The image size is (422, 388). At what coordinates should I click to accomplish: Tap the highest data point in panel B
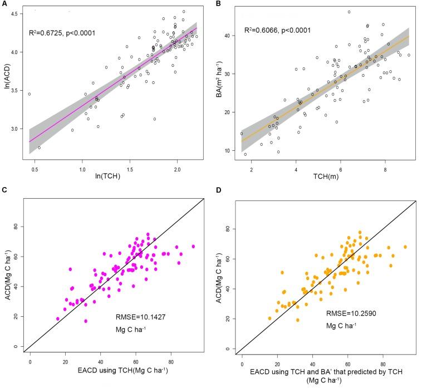(x=349, y=12)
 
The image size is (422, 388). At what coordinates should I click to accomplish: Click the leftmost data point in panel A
(x=30, y=94)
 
